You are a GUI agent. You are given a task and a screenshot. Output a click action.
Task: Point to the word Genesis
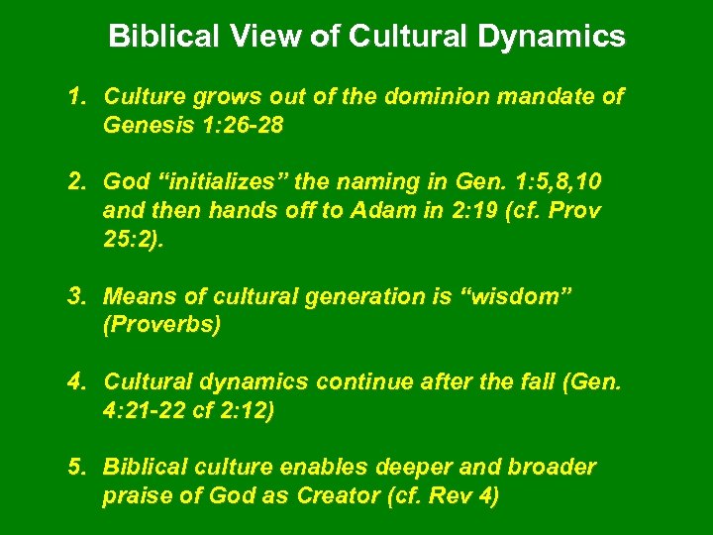click(x=144, y=126)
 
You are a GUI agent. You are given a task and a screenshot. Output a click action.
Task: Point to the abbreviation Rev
click(x=449, y=495)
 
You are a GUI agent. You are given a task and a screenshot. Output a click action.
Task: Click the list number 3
click(x=76, y=296)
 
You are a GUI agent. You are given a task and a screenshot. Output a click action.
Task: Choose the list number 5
click(x=76, y=467)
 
